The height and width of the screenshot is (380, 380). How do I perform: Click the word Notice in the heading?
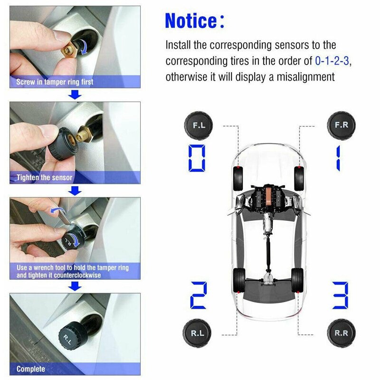(x=190, y=20)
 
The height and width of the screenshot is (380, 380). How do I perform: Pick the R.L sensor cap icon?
(x=199, y=333)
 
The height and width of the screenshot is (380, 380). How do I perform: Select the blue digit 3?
(x=340, y=295)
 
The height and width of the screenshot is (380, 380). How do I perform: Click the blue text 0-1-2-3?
(x=334, y=61)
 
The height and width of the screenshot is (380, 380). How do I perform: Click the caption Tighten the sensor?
(x=45, y=178)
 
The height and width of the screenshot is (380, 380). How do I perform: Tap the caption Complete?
(x=31, y=369)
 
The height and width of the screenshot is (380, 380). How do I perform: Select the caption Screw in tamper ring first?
(x=55, y=82)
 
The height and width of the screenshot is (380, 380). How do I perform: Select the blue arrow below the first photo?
(x=75, y=95)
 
